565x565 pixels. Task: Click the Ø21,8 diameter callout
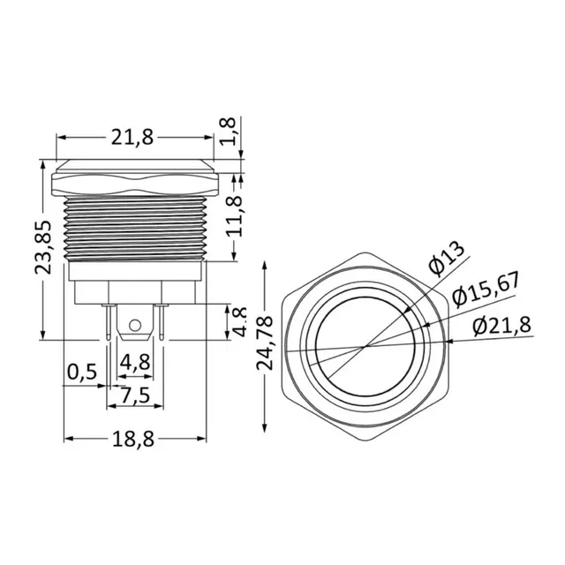coord(501,326)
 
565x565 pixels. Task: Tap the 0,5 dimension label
coord(81,371)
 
